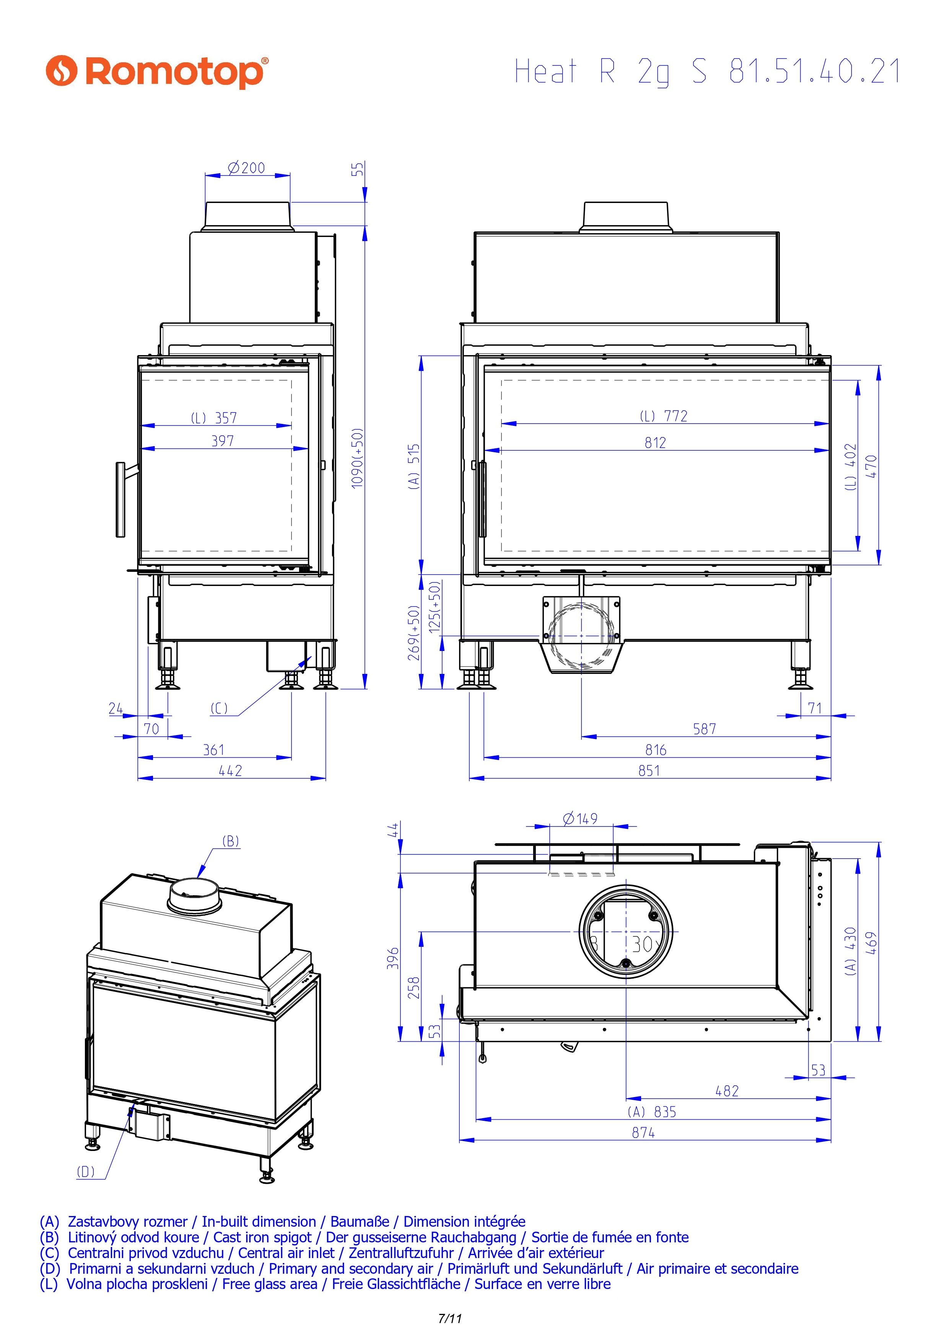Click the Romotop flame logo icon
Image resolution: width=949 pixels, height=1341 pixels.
coord(61,71)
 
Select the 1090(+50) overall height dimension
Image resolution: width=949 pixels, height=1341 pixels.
coord(358,458)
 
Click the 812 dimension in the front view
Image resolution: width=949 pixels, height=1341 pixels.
coord(656,443)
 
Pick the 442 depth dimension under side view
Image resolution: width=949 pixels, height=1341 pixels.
coord(230,771)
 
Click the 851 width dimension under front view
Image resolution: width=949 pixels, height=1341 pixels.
coord(649,771)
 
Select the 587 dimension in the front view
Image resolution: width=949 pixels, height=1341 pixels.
coord(705,729)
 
